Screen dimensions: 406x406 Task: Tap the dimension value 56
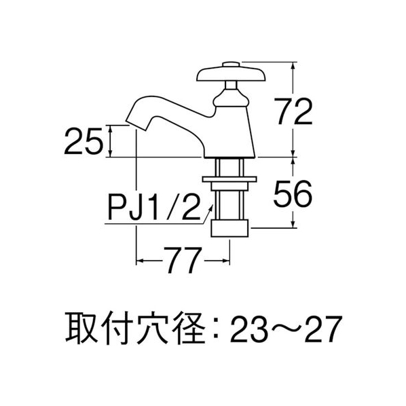(293, 193)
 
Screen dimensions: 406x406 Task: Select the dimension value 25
(84, 142)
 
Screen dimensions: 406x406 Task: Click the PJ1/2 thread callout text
(154, 208)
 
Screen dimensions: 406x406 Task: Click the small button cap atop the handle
(232, 64)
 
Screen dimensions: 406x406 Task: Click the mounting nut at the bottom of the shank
(229, 228)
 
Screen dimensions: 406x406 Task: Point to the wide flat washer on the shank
(229, 179)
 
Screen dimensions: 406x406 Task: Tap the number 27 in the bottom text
(324, 329)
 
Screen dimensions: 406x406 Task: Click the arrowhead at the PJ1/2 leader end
(211, 207)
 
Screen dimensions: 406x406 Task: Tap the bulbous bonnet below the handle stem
(232, 98)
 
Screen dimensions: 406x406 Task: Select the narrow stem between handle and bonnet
(231, 86)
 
